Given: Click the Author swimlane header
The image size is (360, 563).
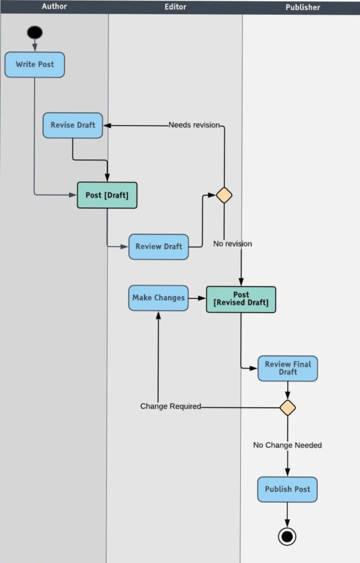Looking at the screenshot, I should click(x=54, y=7).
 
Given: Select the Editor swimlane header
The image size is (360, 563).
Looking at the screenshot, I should click(x=175, y=7).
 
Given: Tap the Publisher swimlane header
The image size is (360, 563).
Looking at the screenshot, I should click(x=302, y=7).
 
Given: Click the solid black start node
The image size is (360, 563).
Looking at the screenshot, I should click(x=35, y=32).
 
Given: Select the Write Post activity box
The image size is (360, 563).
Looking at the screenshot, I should click(x=35, y=64).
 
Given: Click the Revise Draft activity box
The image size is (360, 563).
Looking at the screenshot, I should click(x=73, y=125).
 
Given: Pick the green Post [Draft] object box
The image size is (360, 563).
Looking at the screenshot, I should click(x=107, y=195).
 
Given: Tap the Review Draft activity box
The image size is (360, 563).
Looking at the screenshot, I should click(x=158, y=246).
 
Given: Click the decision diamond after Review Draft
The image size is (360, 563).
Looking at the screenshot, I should click(x=224, y=195).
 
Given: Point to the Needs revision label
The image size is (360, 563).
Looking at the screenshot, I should click(x=194, y=125).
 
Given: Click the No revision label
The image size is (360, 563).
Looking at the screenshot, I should click(x=232, y=244).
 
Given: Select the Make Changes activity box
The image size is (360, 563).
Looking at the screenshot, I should click(x=158, y=298).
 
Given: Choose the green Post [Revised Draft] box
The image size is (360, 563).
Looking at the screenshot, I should click(x=241, y=299).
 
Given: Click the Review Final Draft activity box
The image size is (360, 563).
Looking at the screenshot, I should click(x=287, y=368).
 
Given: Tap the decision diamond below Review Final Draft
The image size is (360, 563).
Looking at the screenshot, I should click(x=287, y=407).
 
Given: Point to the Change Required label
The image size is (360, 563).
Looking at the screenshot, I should click(x=170, y=406).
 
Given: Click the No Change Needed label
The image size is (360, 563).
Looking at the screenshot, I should click(x=287, y=445).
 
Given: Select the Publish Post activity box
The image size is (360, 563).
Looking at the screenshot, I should click(x=287, y=489).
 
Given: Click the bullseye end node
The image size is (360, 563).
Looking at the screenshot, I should click(x=287, y=536).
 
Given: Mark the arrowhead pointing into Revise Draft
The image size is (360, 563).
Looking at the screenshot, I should click(x=107, y=125).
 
